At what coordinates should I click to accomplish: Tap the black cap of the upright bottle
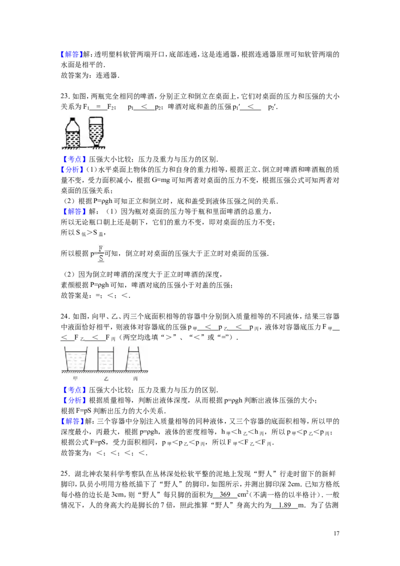72,119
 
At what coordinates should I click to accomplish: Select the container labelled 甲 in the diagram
75,358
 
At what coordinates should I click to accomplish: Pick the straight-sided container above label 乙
106,358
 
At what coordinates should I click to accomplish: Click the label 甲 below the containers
75,378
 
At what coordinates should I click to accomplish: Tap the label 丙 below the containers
135,378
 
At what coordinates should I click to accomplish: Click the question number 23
64,96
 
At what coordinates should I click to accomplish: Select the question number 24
64,316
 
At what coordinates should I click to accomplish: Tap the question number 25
64,474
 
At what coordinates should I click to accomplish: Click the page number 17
336,533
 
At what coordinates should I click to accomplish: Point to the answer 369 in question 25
225,495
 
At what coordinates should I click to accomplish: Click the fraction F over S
100,253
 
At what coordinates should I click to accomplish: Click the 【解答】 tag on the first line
71,54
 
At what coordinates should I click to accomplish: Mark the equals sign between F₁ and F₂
98,107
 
